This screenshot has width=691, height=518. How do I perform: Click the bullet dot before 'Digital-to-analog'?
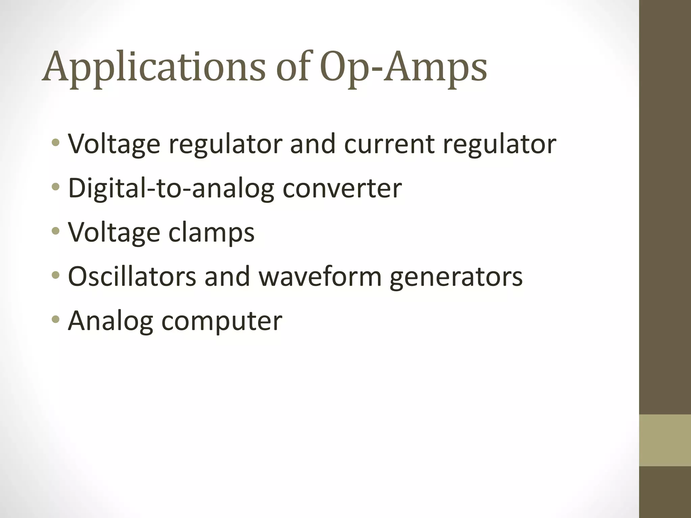(56, 187)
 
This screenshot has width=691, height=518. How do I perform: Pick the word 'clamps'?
(211, 233)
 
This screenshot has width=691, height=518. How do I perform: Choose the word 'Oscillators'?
(132, 277)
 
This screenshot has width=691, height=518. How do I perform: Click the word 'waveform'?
(320, 277)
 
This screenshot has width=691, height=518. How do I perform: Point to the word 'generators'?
(456, 277)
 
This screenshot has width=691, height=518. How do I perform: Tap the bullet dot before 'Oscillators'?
(56, 275)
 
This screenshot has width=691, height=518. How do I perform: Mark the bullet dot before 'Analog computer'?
(56, 319)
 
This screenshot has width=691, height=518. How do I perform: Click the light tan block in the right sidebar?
(665, 440)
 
